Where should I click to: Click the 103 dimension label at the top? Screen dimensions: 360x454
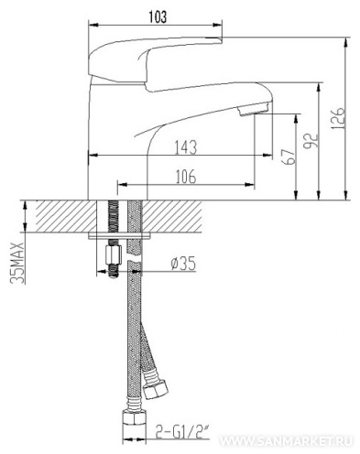tap(158, 16)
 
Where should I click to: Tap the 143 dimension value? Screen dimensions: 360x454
tap(186, 147)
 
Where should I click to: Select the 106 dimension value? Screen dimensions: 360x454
tap(186, 177)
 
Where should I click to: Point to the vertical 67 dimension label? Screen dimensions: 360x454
tap(289, 157)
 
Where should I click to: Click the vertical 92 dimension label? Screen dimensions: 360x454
tap(311, 140)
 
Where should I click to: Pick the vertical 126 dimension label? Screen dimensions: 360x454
tap(338, 118)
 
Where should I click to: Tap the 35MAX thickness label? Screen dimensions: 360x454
tap(17, 263)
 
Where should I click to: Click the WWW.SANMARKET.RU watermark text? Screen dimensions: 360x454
tap(286, 441)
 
